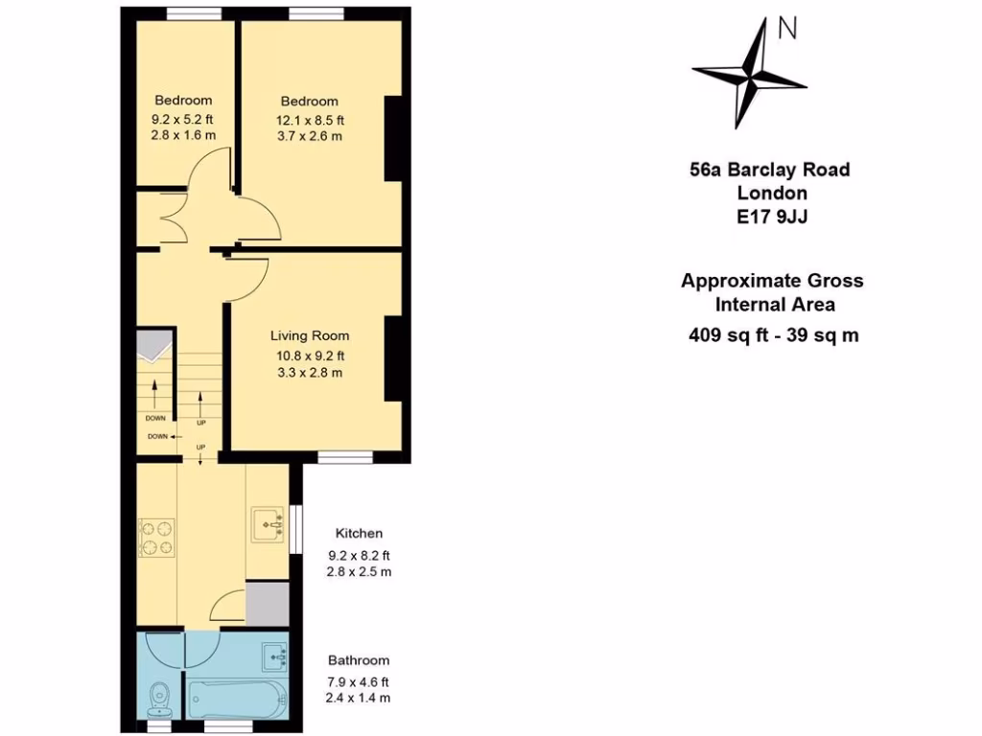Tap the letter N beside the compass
tap(787, 30)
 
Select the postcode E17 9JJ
tap(771, 217)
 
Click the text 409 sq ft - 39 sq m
tap(772, 335)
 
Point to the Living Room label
tap(309, 336)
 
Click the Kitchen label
tap(359, 534)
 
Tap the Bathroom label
tap(359, 660)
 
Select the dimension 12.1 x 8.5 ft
tap(310, 120)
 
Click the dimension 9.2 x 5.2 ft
tap(182, 120)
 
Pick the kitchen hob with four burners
tap(155, 537)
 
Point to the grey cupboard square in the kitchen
tap(268, 603)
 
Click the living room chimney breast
tap(393, 357)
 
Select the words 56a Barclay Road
tap(770, 171)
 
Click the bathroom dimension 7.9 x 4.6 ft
tap(359, 681)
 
